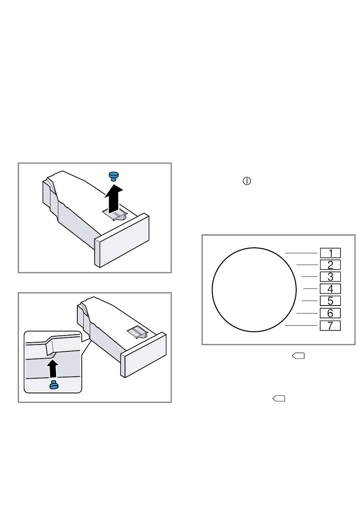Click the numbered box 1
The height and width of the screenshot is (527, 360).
point(330,253)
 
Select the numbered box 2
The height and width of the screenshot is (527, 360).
point(330,265)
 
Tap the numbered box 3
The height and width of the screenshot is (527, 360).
point(330,277)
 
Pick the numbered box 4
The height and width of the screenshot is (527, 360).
point(330,288)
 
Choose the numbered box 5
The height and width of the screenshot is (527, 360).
point(330,301)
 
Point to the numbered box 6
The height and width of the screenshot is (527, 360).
point(330,313)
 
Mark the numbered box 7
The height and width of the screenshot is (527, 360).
point(330,326)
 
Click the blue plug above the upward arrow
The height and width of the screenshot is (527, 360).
point(114,176)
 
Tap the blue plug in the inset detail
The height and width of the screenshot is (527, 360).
point(54,385)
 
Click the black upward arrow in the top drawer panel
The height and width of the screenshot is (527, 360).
point(114,198)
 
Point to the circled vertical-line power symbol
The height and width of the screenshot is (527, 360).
point(247,181)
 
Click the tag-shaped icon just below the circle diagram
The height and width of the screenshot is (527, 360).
point(298,356)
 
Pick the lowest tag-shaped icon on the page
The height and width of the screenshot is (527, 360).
point(279,398)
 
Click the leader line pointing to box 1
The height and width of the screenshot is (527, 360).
point(301,253)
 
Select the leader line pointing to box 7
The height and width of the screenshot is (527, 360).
point(301,325)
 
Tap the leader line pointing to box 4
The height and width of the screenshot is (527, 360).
point(310,288)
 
